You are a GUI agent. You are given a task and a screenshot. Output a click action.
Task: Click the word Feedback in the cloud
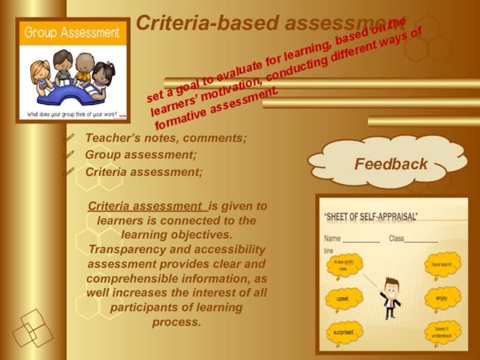coord(390,164)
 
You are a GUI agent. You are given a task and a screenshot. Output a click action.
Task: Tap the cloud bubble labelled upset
coord(343,298)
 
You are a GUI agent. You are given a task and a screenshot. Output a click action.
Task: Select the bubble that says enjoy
coord(443,298)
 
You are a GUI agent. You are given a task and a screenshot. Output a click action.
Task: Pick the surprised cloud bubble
coord(343,332)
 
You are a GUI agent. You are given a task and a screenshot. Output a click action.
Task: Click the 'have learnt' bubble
coord(443,264)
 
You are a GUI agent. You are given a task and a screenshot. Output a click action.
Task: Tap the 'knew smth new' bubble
coord(342,265)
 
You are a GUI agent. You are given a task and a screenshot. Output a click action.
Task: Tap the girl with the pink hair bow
coord(103,75)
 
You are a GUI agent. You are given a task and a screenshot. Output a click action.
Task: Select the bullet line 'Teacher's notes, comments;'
coord(166,138)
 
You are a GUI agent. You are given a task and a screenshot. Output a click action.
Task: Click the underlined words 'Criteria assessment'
coord(147,206)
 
